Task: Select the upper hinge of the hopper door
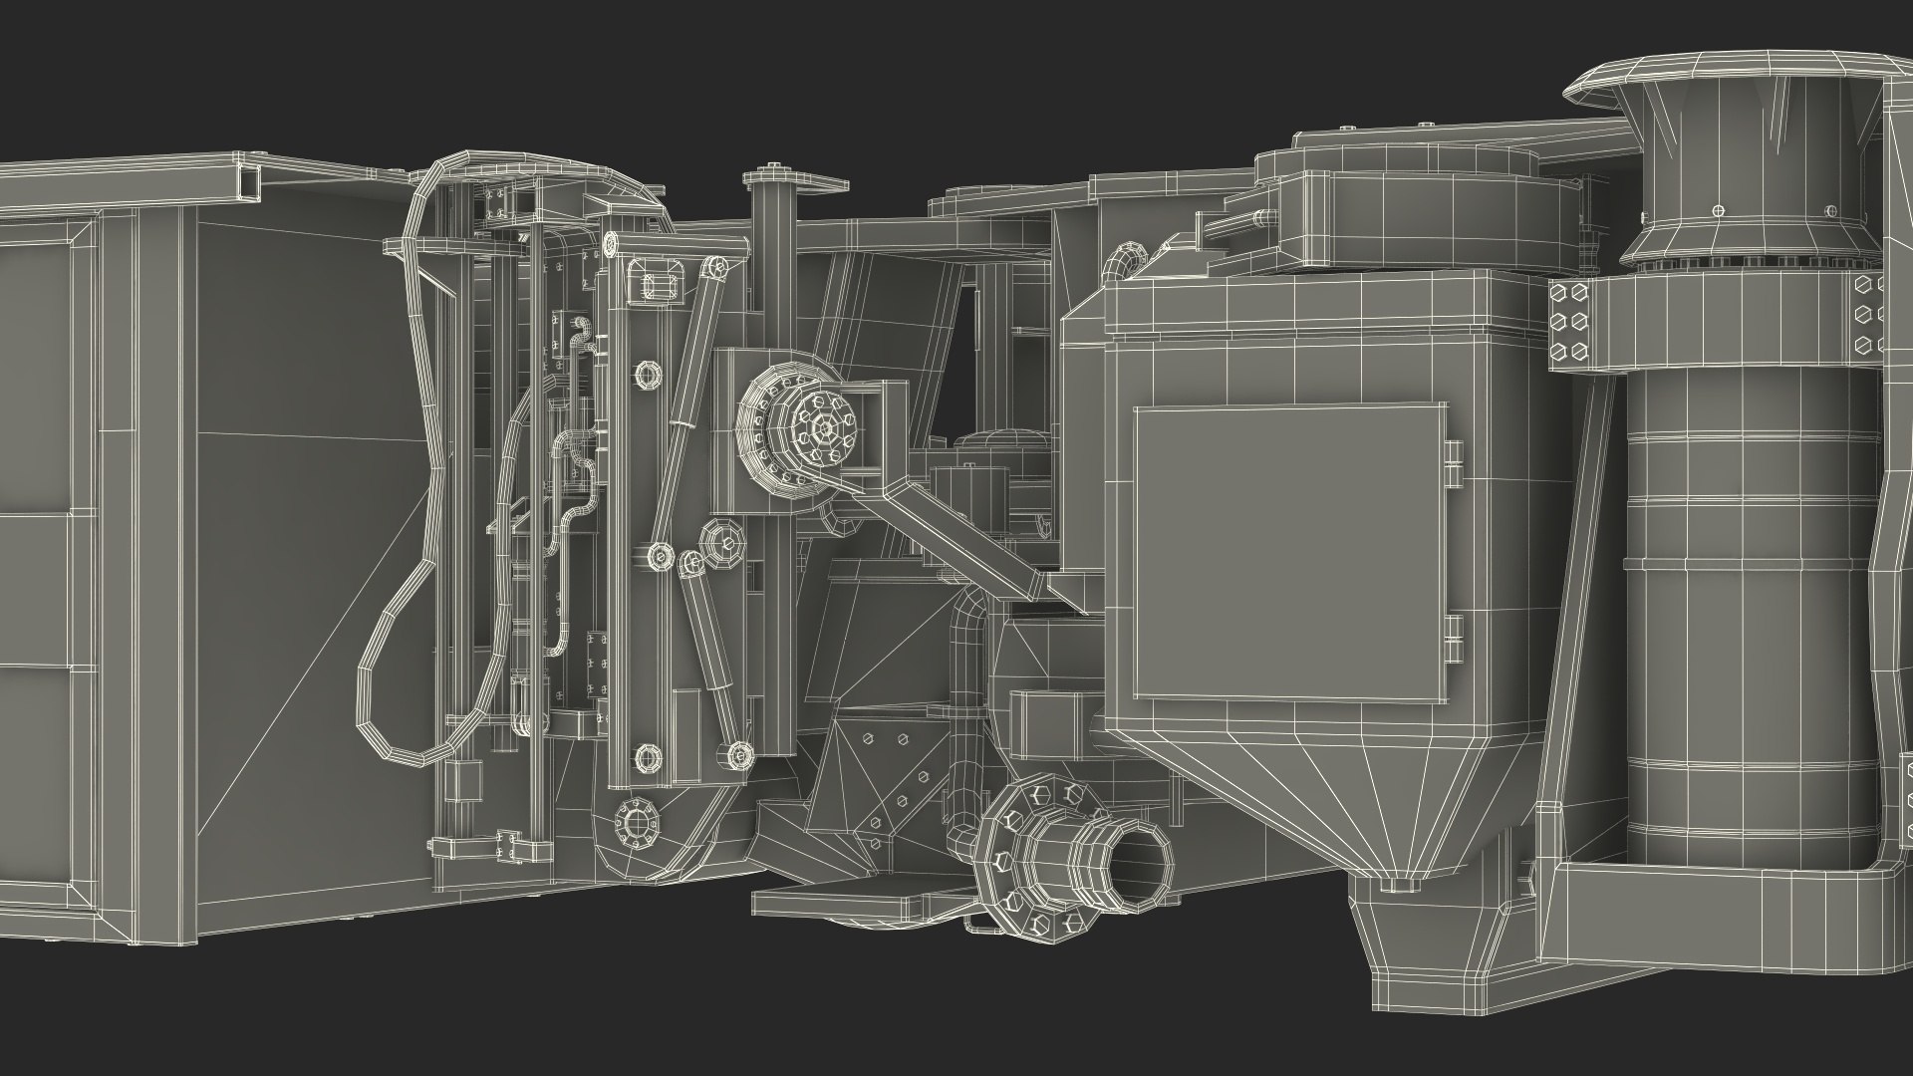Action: (1453, 462)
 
